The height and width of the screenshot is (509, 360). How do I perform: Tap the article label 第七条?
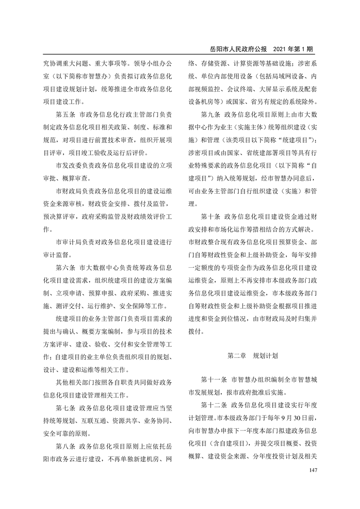pyautogui.click(x=65, y=407)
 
